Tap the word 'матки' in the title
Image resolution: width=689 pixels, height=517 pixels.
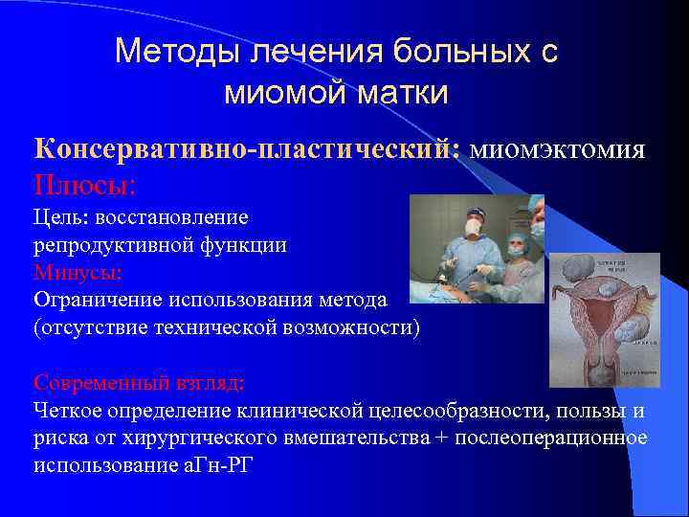pyautogui.click(x=402, y=92)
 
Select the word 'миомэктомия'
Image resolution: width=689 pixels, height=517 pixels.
pyautogui.click(x=559, y=149)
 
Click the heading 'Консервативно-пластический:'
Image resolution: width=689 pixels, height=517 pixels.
pyautogui.click(x=248, y=149)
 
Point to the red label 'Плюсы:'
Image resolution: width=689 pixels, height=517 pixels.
pyautogui.click(x=85, y=182)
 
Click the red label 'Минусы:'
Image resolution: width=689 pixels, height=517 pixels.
pyautogui.click(x=78, y=272)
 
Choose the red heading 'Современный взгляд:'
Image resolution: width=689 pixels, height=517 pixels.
pyautogui.click(x=139, y=383)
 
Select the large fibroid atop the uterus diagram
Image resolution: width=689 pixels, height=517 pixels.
pyautogui.click(x=582, y=271)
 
